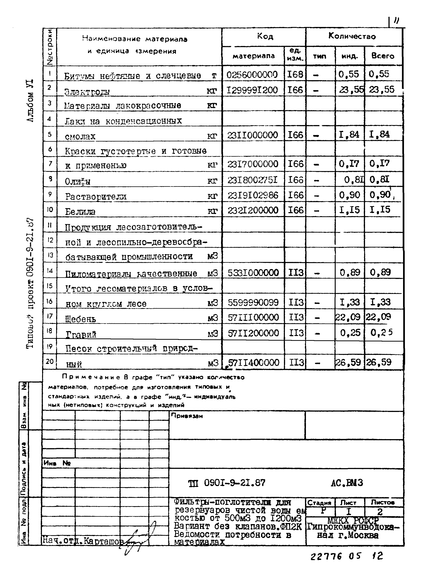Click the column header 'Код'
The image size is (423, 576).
click(265, 37)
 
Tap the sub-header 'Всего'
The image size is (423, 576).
click(383, 56)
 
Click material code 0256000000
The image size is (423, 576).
click(252, 74)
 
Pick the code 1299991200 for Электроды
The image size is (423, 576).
click(252, 90)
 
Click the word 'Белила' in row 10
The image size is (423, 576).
click(80, 212)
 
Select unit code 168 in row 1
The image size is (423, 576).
click(295, 74)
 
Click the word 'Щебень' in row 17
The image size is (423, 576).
click(81, 319)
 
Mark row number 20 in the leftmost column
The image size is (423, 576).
click(50, 361)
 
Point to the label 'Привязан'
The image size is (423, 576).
click(187, 416)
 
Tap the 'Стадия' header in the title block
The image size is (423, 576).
click(319, 503)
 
